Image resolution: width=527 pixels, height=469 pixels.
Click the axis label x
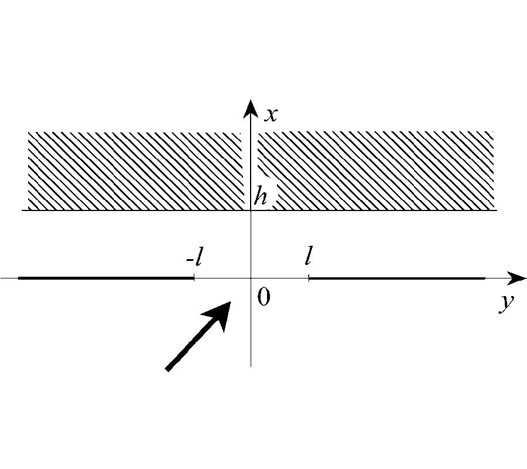[x=271, y=115]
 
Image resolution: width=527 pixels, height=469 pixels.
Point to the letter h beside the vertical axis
[x=261, y=196]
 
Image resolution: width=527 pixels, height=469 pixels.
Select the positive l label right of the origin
[x=308, y=256]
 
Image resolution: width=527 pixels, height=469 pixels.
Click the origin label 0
[x=263, y=297]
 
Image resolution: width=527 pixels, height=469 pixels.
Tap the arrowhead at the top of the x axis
[x=251, y=108]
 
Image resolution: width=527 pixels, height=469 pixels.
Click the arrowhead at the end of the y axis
[x=516, y=278]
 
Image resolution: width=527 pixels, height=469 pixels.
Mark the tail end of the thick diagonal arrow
[x=167, y=369]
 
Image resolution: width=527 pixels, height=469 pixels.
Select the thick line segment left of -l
[x=106, y=278]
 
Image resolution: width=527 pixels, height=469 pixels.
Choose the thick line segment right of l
[x=397, y=278]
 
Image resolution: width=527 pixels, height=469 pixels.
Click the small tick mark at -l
[x=194, y=278]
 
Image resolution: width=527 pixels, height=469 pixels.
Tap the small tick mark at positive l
[x=309, y=278]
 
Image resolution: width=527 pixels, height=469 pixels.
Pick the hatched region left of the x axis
[x=136, y=171]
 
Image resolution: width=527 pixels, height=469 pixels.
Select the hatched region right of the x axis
[x=376, y=171]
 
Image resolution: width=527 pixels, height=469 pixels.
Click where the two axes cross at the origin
[x=251, y=278]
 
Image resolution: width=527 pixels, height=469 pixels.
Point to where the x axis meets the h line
[x=251, y=210]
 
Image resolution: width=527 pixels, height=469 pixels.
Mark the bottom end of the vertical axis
[x=251, y=366]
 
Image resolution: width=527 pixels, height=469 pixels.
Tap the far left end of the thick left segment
[x=19, y=278]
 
